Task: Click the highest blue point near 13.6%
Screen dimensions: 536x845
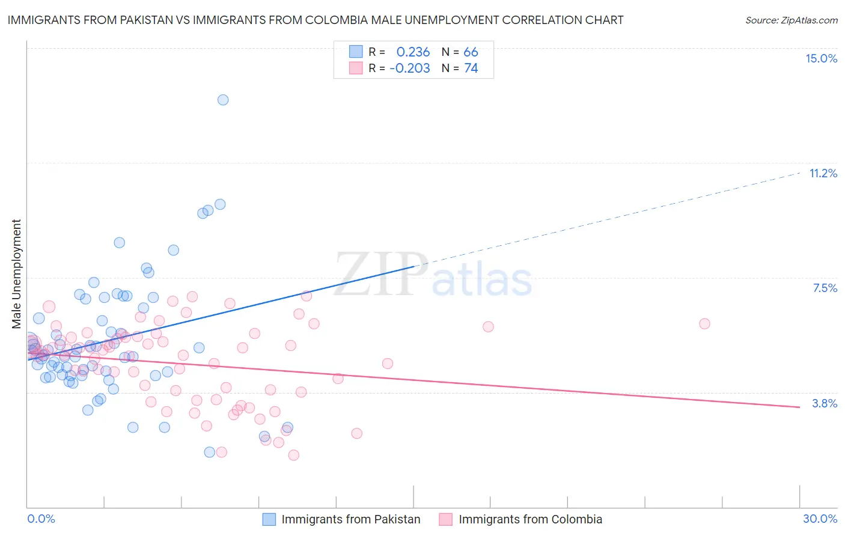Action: pyautogui.click(x=223, y=100)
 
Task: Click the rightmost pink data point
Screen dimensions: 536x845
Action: pyautogui.click(x=704, y=323)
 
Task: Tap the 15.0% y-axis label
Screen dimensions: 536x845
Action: pyautogui.click(x=821, y=58)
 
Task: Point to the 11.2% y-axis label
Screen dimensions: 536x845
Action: pyautogui.click(x=823, y=173)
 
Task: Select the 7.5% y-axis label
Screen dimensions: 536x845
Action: pyautogui.click(x=825, y=288)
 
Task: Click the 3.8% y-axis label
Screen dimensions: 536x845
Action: pyautogui.click(x=825, y=403)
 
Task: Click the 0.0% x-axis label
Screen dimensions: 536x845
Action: pyautogui.click(x=41, y=519)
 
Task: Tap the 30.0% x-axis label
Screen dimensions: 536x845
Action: pyautogui.click(x=820, y=519)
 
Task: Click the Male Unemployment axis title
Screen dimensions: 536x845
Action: pyautogui.click(x=16, y=273)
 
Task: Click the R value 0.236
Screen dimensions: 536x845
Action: pyautogui.click(x=413, y=52)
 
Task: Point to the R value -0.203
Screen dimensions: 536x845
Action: pyautogui.click(x=409, y=69)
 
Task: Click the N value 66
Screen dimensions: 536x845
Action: pyautogui.click(x=471, y=52)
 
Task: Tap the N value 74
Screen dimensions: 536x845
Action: pyautogui.click(x=471, y=69)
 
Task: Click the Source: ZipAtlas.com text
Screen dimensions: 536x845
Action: pyautogui.click(x=791, y=20)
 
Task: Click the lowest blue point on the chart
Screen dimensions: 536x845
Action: pyautogui.click(x=210, y=452)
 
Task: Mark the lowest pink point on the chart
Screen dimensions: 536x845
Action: pyautogui.click(x=293, y=455)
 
